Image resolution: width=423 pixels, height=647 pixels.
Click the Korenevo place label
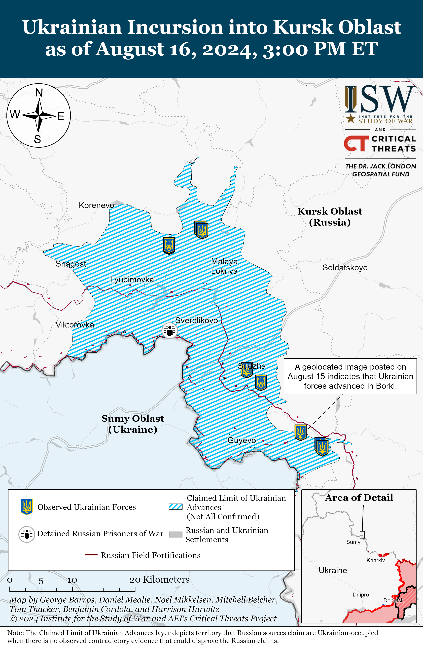click(x=96, y=205)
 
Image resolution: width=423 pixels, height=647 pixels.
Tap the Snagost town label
click(x=71, y=264)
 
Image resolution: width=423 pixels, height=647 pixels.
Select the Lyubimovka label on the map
click(x=132, y=280)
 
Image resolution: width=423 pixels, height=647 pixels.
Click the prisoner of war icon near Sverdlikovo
click(x=170, y=331)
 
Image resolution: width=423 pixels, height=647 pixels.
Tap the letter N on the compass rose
click(x=39, y=93)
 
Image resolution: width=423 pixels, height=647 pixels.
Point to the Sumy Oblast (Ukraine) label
click(x=133, y=424)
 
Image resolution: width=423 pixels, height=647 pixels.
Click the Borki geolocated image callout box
click(x=350, y=376)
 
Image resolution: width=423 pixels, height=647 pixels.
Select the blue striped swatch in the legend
click(x=176, y=506)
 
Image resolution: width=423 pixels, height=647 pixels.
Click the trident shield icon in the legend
click(x=27, y=507)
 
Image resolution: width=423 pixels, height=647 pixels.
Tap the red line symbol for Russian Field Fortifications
click(x=91, y=555)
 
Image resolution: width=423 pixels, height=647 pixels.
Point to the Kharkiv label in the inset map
click(x=375, y=560)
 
